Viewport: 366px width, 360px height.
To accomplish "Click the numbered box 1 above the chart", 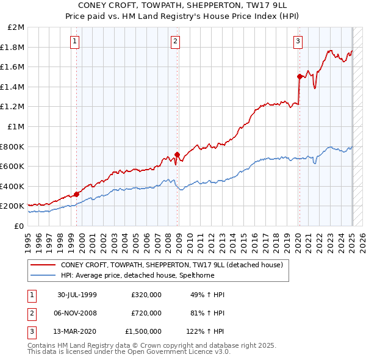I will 74,41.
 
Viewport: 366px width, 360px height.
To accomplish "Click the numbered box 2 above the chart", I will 175,41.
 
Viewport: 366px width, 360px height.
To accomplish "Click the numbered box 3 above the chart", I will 298,41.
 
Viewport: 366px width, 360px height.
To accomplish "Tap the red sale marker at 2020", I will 300,76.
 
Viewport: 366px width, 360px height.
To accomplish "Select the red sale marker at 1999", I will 76,194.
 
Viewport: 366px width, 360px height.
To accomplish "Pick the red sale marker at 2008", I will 177,154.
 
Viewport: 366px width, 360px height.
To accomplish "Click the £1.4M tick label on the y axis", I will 13,87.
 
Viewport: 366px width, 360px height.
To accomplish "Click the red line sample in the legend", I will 42,265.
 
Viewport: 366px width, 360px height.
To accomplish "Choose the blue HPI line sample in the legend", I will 42,276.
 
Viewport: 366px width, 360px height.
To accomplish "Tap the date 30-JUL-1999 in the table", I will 77,295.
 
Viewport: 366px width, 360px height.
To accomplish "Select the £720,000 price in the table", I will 146,313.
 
